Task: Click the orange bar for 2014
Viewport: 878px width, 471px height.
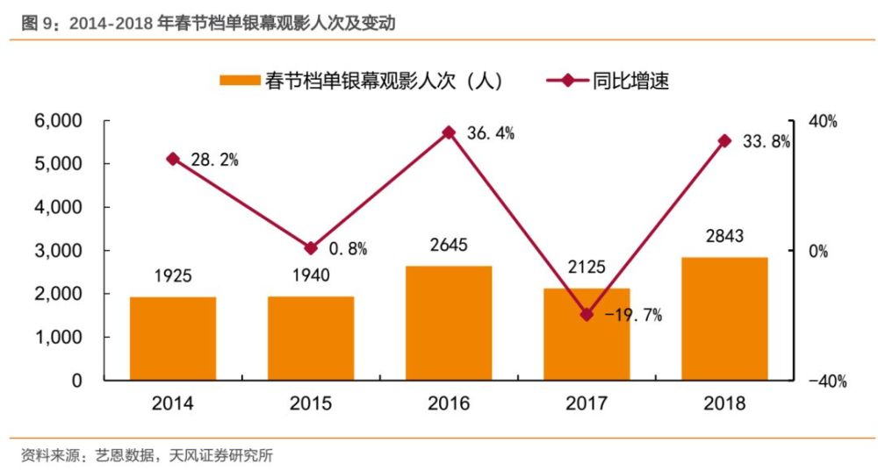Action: tap(173, 339)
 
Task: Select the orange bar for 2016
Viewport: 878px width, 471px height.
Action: tap(449, 323)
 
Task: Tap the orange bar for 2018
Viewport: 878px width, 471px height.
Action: tap(724, 318)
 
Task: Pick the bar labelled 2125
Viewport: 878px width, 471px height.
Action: tap(587, 334)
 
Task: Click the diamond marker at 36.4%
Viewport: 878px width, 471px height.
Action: tap(449, 132)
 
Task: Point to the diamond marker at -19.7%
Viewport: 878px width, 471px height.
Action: tap(587, 314)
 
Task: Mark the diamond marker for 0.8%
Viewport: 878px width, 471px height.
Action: tap(311, 248)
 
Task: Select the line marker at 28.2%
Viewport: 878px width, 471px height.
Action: tap(173, 159)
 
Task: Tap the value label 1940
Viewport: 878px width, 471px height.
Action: tap(311, 275)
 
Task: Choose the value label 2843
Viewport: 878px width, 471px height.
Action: tap(724, 236)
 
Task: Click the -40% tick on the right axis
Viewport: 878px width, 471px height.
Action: tap(827, 381)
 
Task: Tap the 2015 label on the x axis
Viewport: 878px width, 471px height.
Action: tap(311, 403)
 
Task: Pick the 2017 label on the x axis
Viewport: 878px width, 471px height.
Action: tap(587, 403)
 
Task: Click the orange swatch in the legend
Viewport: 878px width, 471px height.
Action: tap(239, 81)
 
